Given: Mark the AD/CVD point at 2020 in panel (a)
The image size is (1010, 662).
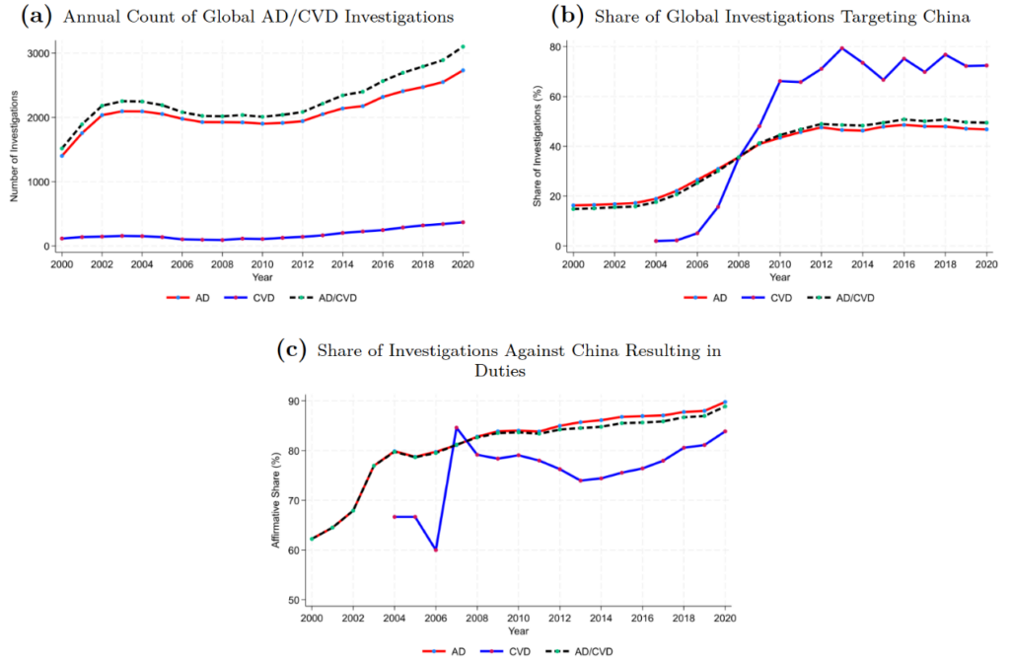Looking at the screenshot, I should coord(464,46).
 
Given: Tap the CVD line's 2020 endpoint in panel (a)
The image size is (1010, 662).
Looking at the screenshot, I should coord(464,222).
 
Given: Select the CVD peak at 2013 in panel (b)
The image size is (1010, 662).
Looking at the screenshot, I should coord(841,48).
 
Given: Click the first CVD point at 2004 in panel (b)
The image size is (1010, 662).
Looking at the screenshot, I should coord(656,241).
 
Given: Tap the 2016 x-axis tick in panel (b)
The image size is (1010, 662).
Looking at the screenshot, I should coord(903,264).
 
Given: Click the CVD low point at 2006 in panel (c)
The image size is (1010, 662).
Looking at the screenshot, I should coord(436,550).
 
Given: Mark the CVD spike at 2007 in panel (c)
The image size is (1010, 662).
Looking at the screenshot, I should coord(457,427).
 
